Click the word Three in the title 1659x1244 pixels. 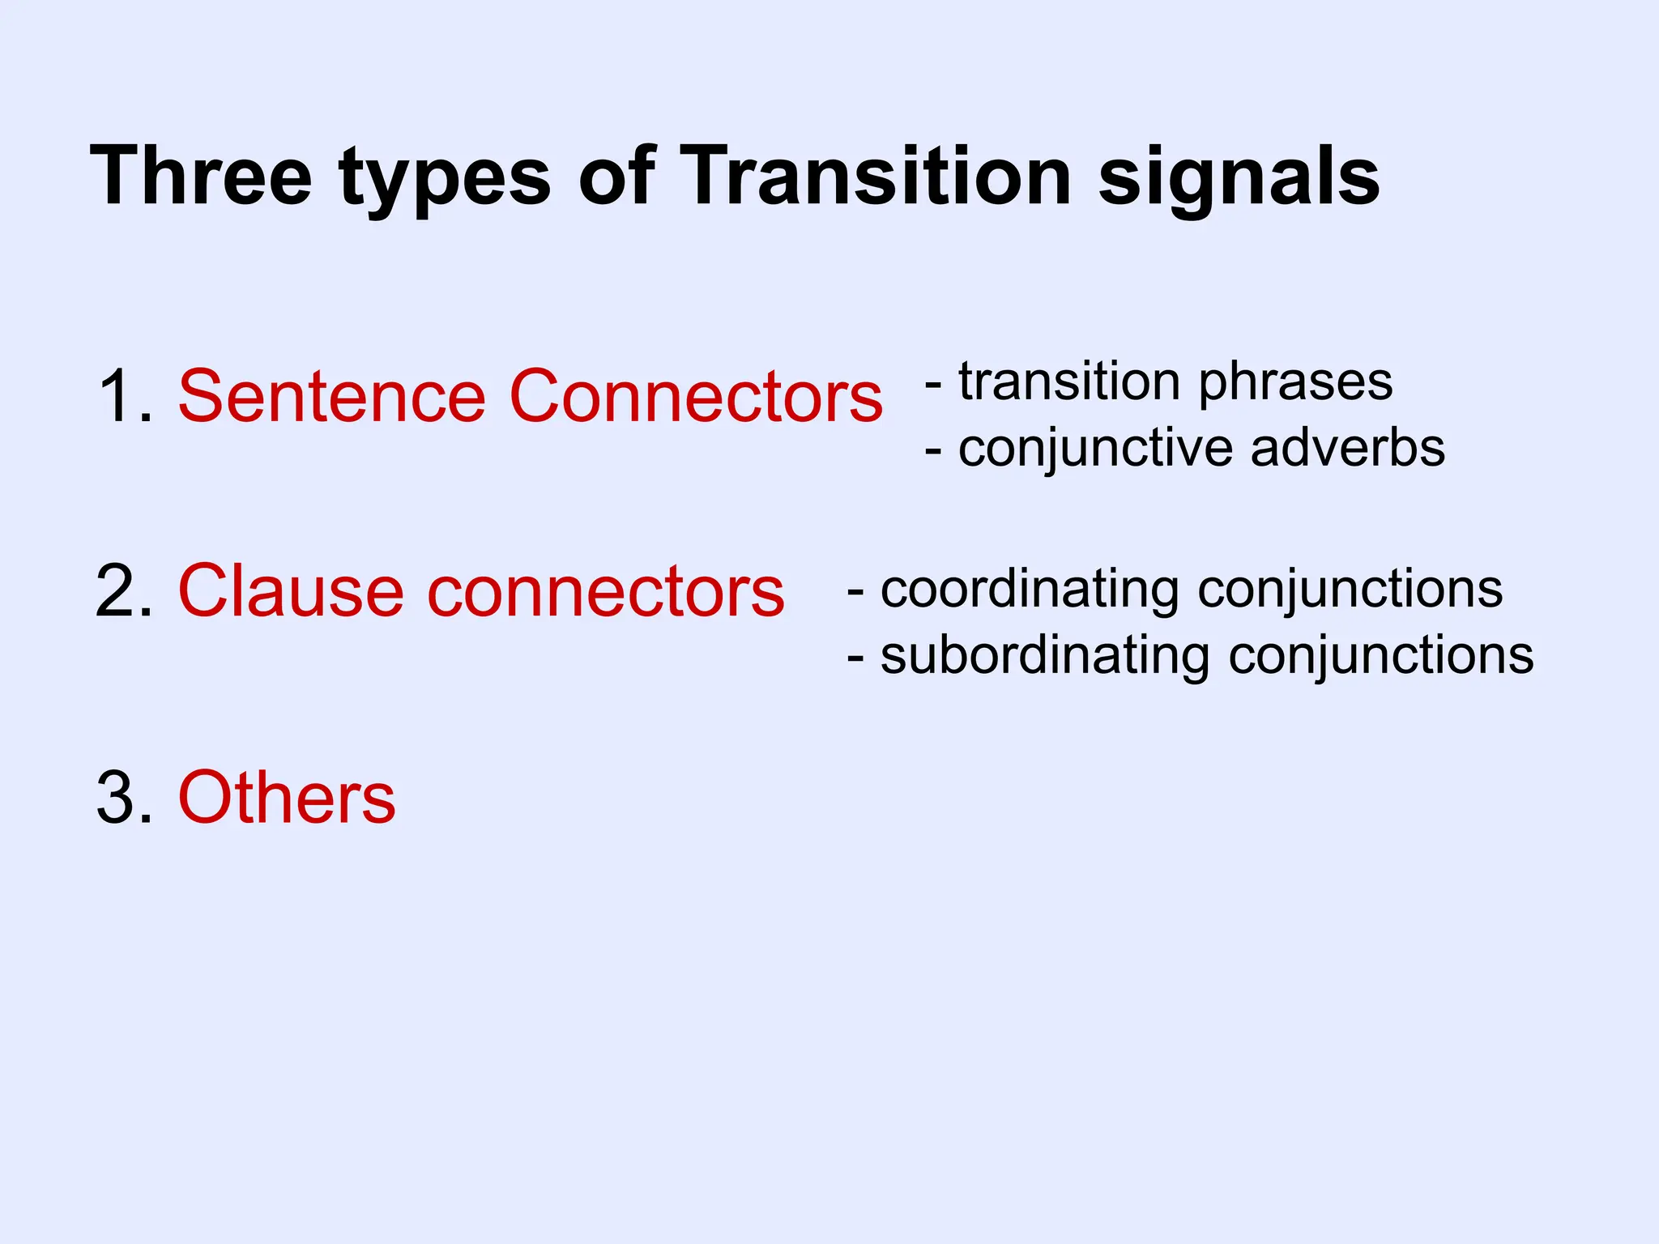[x=201, y=176]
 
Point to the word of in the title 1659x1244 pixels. [x=616, y=176]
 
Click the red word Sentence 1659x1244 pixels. [x=331, y=396]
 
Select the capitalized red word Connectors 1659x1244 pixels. [x=695, y=396]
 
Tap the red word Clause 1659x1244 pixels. [x=290, y=591]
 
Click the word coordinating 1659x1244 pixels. [x=1029, y=590]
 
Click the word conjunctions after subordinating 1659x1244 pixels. [x=1380, y=656]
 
